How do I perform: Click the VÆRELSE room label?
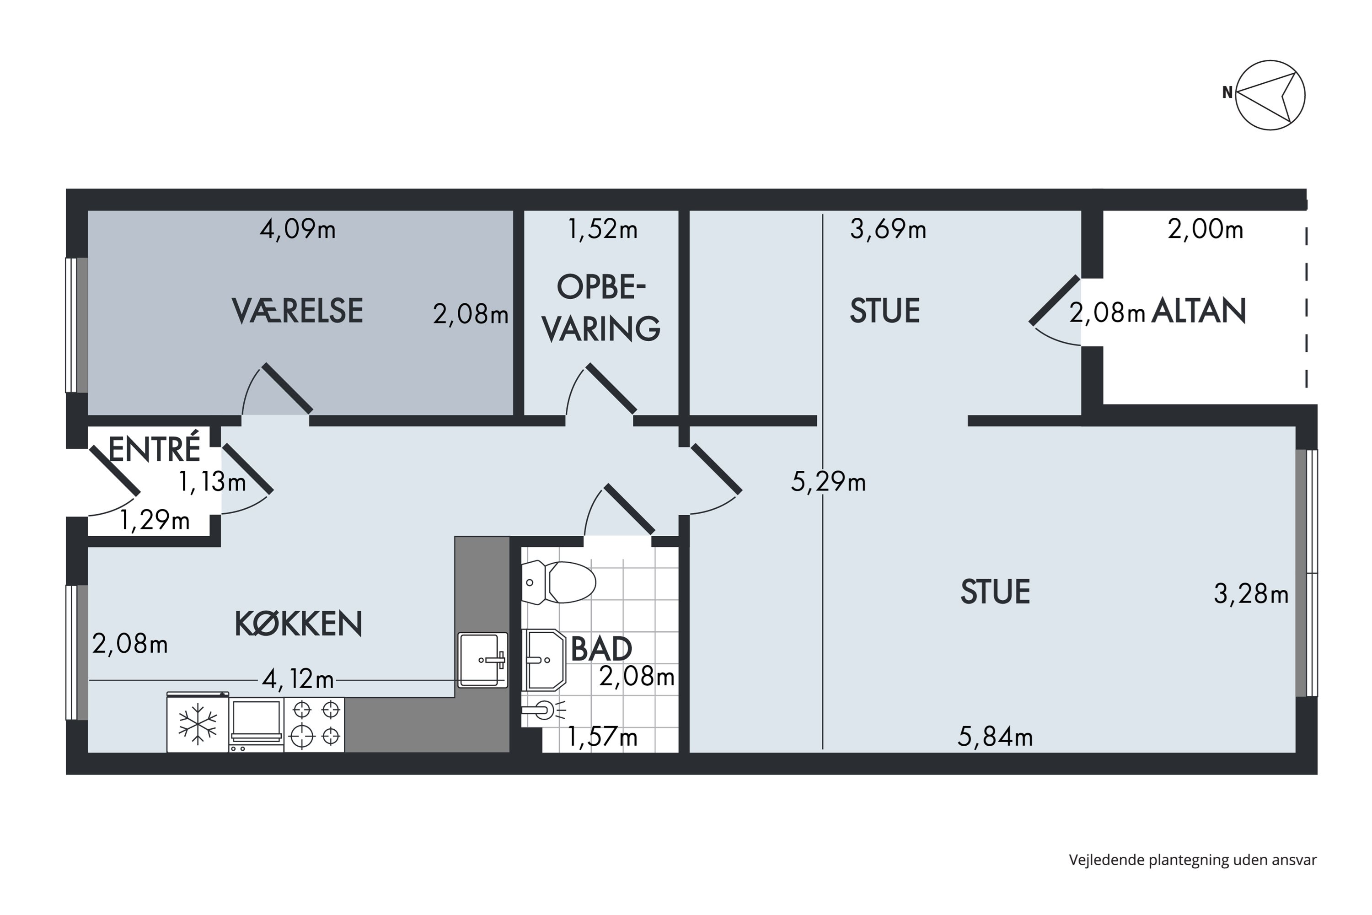pos(298,311)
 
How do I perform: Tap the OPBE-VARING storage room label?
pos(601,307)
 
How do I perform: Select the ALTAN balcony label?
pos(1199,311)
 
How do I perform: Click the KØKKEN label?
pos(298,624)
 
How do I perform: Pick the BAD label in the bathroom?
pos(601,649)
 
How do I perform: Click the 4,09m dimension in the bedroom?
pos(298,229)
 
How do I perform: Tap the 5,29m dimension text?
pos(828,482)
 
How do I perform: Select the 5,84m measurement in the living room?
pos(995,737)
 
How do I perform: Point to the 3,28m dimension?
pos(1251,594)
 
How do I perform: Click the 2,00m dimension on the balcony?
pos(1205,229)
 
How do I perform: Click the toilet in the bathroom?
pos(558,582)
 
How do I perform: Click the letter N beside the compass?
pos(1227,92)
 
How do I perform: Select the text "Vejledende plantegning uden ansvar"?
pos(1193,860)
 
